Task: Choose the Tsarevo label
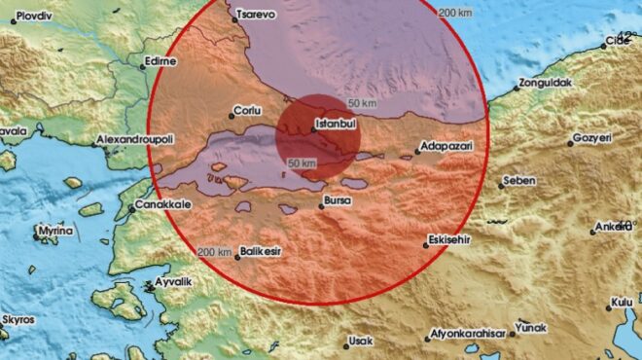pos(256,16)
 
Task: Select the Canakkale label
pos(162,204)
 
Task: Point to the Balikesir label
pos(260,252)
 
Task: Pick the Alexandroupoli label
pos(141,140)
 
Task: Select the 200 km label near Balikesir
pos(214,253)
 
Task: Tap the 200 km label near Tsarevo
pos(454,13)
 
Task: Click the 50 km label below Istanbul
pos(303,162)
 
